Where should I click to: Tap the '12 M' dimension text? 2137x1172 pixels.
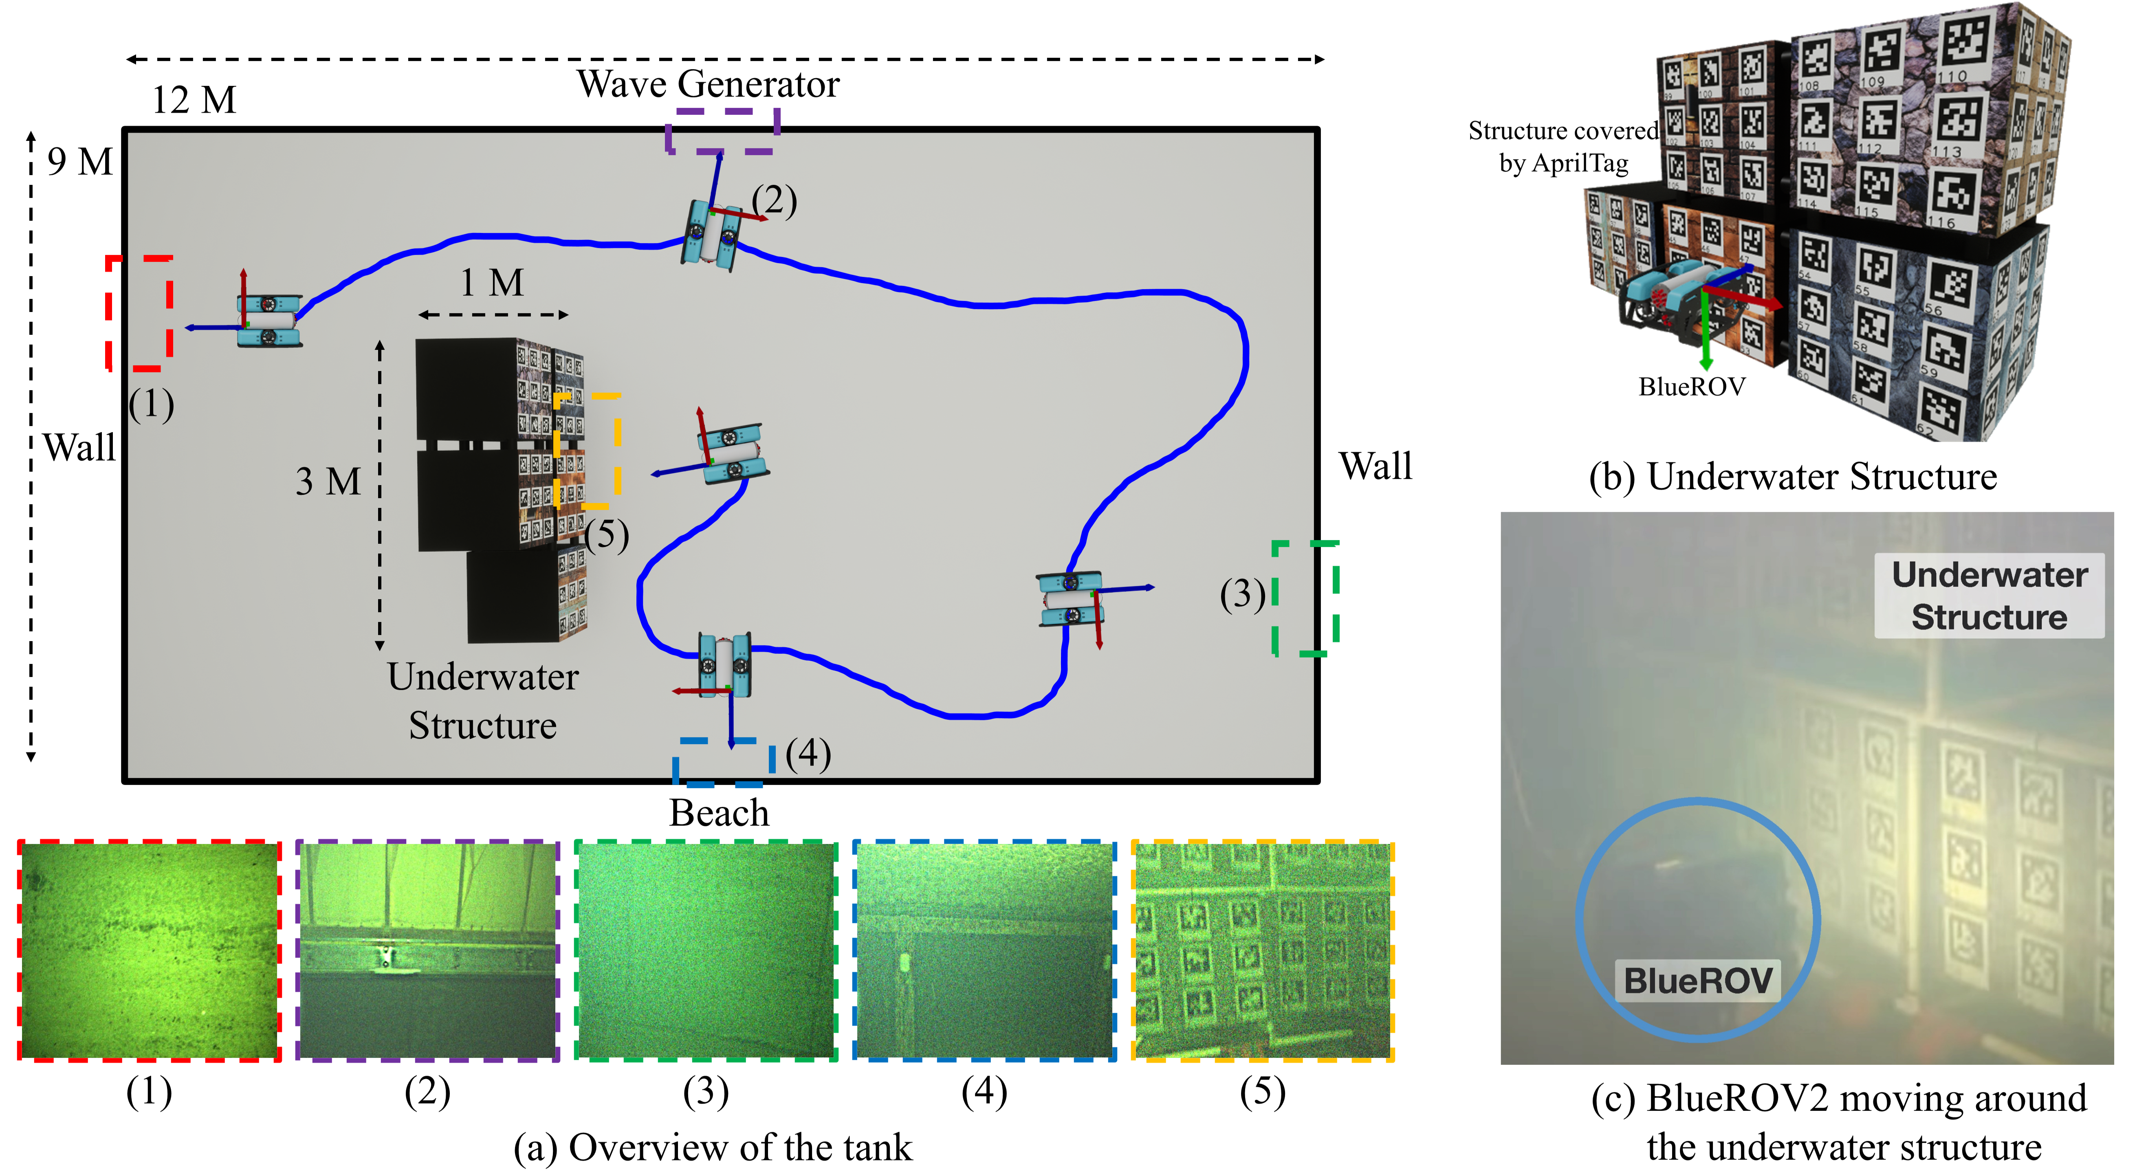[194, 100]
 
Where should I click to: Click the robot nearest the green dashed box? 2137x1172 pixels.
[1071, 598]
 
